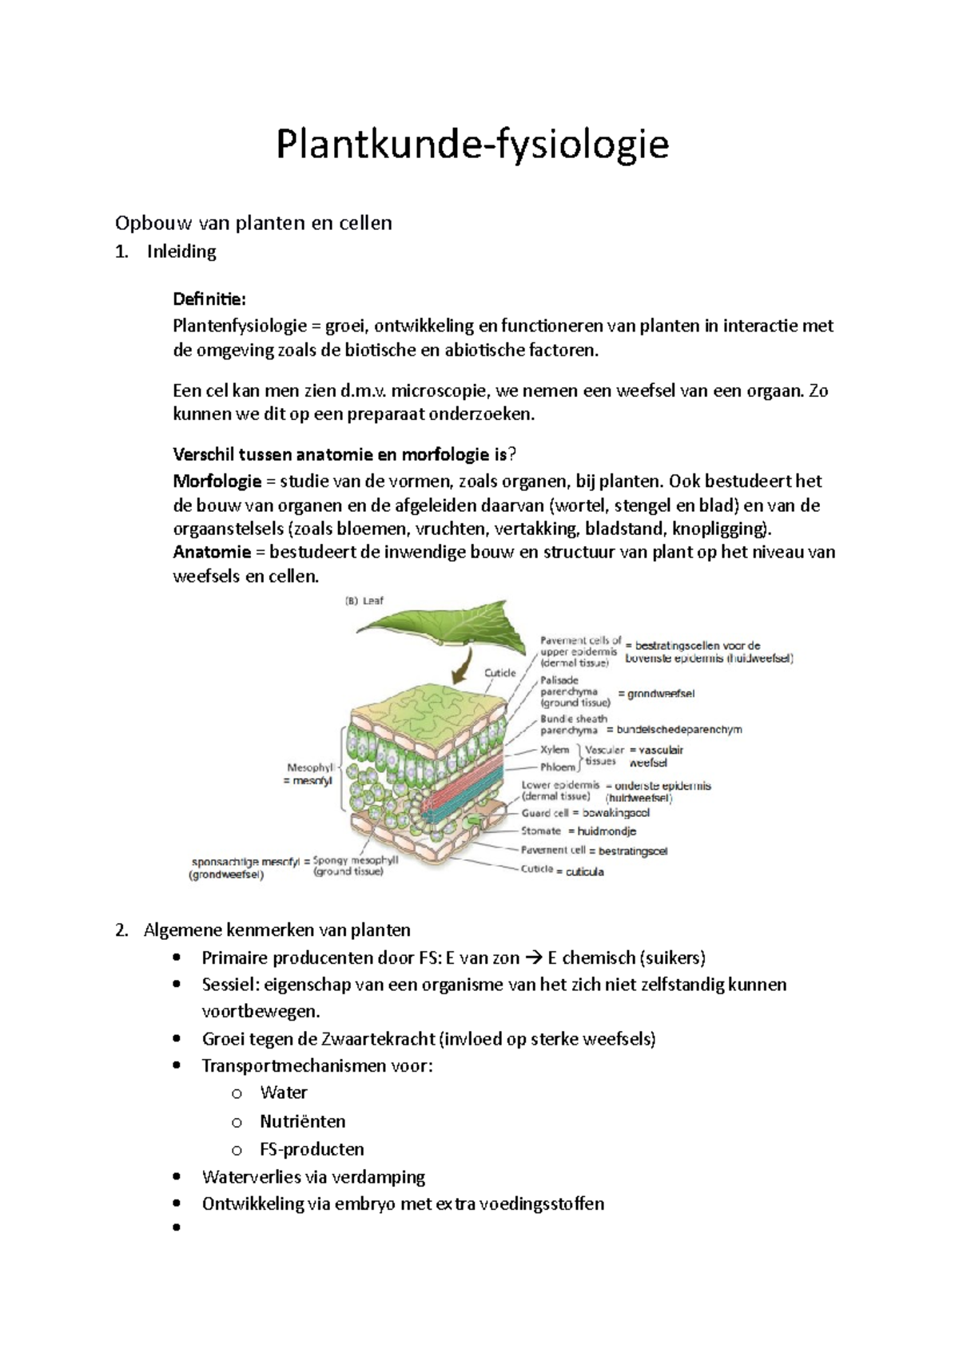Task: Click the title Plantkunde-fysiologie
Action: pos(472,145)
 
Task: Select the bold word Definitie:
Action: pos(209,299)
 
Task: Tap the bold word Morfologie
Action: pos(217,481)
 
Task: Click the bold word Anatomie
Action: pos(212,552)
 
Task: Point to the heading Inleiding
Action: pos(181,252)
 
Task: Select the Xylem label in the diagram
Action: pos(554,749)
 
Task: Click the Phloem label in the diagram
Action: pos(557,767)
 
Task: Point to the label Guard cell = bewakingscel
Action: pos(585,813)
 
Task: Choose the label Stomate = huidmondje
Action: pos(579,831)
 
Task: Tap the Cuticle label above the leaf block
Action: pos(500,673)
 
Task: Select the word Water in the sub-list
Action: pos(283,1092)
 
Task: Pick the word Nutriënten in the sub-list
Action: pos(302,1121)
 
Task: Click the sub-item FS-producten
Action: pos(312,1149)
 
